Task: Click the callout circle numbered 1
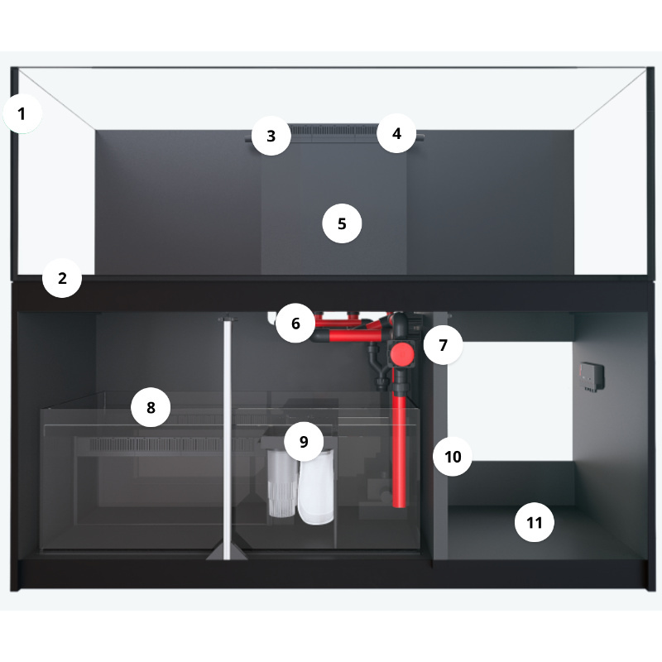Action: [22, 113]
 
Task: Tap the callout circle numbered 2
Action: [62, 278]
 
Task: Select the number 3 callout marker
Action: [271, 136]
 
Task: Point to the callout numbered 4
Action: [396, 133]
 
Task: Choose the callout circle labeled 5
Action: [342, 223]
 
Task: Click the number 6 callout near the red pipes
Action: [295, 324]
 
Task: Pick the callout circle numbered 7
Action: [443, 345]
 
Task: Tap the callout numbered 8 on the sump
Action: [151, 407]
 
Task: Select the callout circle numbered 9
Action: [304, 442]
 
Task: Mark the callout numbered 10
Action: [453, 457]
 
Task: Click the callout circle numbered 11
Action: [535, 523]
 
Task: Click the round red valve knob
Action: [401, 354]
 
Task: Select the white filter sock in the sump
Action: [316, 487]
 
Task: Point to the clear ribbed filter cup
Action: [281, 484]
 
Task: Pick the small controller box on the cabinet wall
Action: [592, 377]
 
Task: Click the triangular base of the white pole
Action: [227, 551]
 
